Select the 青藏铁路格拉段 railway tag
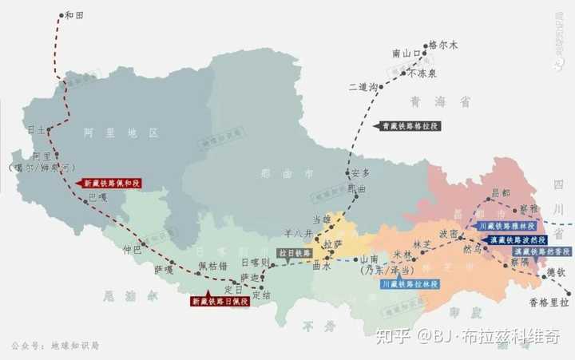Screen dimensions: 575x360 409,126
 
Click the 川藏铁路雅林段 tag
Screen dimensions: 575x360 508,227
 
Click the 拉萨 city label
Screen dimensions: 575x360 332,242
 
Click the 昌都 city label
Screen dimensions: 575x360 500,193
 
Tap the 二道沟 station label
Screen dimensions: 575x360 362,86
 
